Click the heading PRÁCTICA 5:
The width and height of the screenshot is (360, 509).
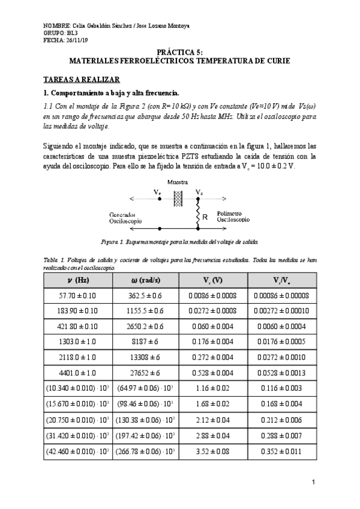tap(180, 53)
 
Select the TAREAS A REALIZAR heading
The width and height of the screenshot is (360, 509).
tap(82, 79)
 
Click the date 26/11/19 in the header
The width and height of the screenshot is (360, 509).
tap(77, 40)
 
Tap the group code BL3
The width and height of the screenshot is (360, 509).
tap(72, 33)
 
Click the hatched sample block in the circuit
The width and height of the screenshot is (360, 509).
tap(178, 199)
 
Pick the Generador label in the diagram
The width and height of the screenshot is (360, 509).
tap(122, 214)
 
